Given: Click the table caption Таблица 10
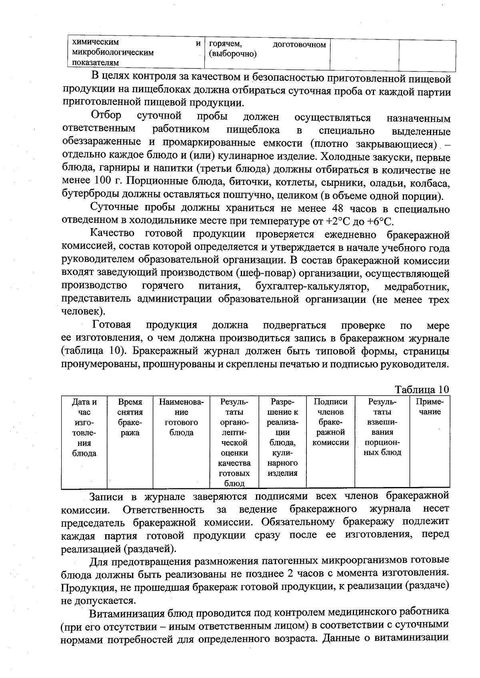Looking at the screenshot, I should coord(422,389).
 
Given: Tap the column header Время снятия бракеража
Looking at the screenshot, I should coord(130,417).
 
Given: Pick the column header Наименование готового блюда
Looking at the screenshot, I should coord(181,417).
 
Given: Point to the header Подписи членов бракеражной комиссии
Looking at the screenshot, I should coord(330,422).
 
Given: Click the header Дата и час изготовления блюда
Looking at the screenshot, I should coord(84,427).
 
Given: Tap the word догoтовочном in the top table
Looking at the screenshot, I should coord(299,44).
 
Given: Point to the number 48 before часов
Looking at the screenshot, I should coord(339,208).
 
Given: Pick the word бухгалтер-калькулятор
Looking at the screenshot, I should coord(311,286).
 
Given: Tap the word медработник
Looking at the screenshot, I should coord(416,286).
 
